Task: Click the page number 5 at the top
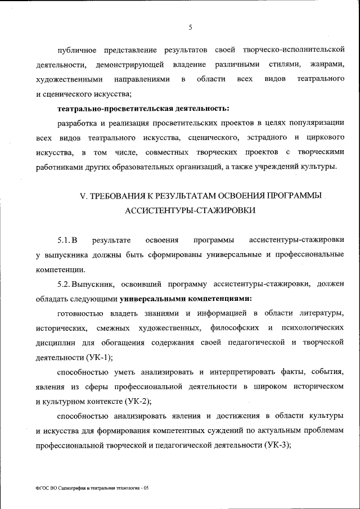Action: click(191, 27)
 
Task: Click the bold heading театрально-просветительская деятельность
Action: click(144, 108)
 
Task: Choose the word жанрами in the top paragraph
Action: click(326, 64)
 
